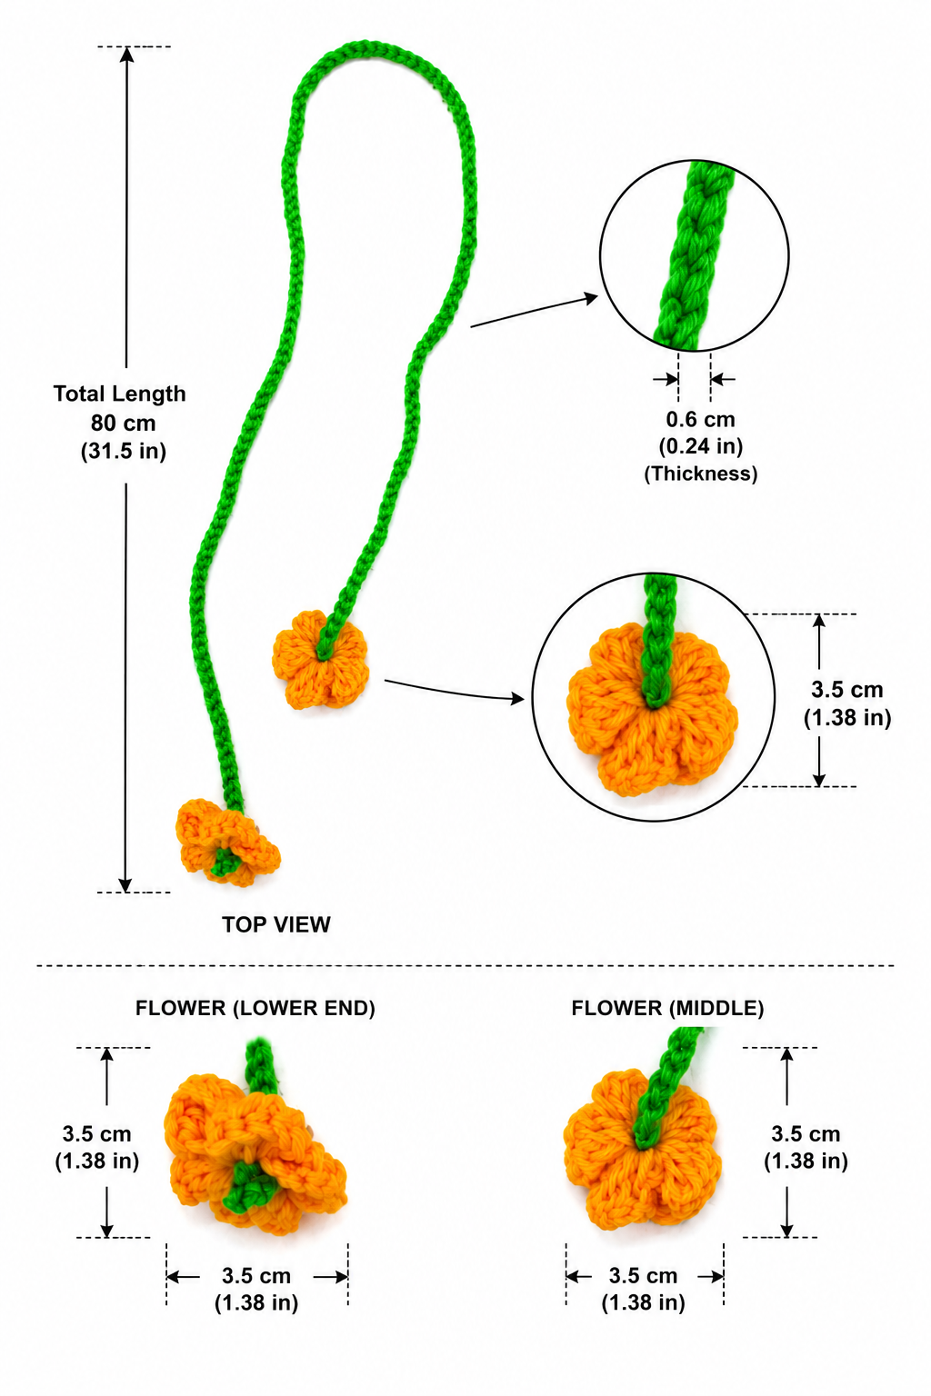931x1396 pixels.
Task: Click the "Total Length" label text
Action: (x=120, y=394)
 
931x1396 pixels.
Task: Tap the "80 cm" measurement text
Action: (x=123, y=424)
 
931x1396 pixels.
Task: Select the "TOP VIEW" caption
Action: (x=276, y=924)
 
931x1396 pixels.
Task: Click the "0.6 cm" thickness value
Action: (x=700, y=419)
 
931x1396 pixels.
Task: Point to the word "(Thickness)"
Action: (x=701, y=474)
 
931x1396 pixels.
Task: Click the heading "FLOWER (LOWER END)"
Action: (x=255, y=1008)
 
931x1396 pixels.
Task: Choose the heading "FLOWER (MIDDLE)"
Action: (x=668, y=1008)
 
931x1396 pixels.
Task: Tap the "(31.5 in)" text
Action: (x=124, y=451)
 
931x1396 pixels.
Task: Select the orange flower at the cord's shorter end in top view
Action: (x=321, y=660)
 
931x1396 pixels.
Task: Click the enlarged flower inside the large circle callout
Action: (x=652, y=710)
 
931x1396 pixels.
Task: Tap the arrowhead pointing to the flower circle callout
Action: (x=517, y=699)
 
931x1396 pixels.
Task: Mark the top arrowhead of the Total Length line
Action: (x=126, y=55)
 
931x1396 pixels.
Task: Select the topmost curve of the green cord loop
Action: (x=365, y=48)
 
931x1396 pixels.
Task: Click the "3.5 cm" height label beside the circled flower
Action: (x=846, y=690)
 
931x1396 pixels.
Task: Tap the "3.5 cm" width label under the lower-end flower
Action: (x=256, y=1276)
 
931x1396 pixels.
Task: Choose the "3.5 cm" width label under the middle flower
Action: (x=643, y=1276)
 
